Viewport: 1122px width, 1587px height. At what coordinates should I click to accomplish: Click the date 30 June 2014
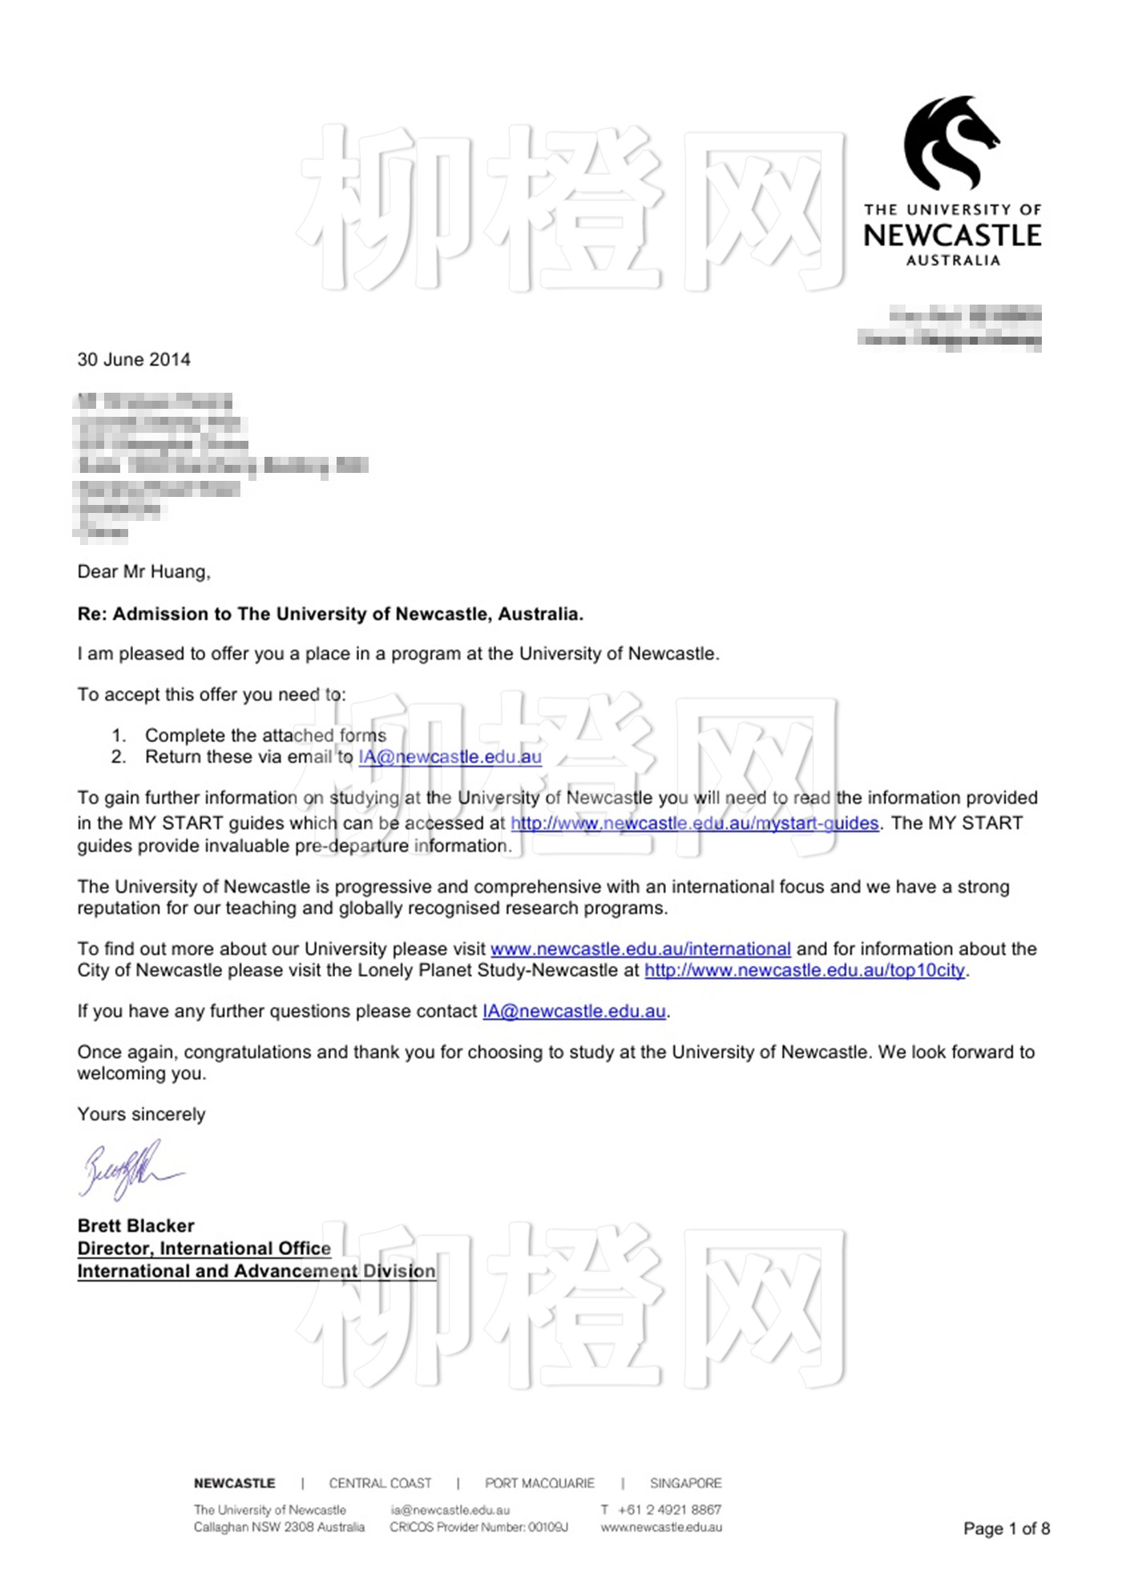[134, 360]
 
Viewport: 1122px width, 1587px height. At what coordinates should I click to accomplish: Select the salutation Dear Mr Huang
[143, 572]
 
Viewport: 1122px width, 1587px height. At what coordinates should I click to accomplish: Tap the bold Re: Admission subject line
[330, 615]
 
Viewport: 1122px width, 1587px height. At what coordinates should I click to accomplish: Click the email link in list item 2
[450, 757]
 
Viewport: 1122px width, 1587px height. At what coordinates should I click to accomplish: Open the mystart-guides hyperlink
[695, 823]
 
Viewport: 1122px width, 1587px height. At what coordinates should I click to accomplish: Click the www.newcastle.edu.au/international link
[640, 949]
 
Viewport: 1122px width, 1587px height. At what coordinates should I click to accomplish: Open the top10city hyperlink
[805, 971]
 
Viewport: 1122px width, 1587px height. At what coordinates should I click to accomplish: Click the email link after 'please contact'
[574, 1012]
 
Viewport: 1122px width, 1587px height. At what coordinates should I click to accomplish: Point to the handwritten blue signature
[128, 1171]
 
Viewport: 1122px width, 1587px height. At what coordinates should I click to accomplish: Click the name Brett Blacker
[136, 1226]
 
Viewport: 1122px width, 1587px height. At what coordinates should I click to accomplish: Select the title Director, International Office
[204, 1249]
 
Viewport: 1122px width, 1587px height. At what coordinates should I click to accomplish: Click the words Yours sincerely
[141, 1115]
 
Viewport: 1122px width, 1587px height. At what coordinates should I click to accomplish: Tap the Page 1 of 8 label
[1007, 1528]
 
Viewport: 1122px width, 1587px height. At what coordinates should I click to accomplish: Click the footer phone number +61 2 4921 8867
[669, 1510]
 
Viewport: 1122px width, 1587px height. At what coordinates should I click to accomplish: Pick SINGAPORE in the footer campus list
[686, 1484]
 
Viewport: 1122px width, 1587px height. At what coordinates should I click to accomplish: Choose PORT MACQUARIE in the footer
[539, 1484]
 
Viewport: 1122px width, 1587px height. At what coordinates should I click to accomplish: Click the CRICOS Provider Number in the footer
[479, 1528]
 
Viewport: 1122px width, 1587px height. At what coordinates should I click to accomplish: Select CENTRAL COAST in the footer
[380, 1484]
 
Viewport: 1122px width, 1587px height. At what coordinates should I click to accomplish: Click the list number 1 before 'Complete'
[119, 736]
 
